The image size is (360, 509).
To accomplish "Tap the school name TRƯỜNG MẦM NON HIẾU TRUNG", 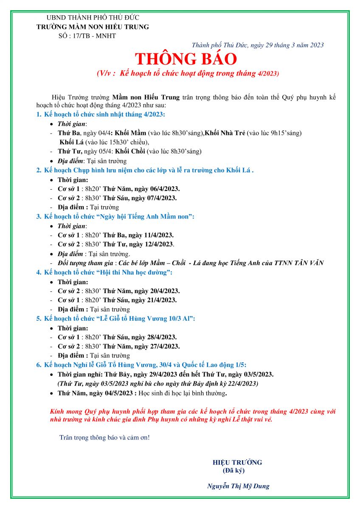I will point(93,27).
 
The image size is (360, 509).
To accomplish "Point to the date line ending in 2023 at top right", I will point(258,45).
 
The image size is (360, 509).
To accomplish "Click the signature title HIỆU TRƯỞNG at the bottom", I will point(237,462).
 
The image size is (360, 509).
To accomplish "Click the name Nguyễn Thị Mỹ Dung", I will point(238,487).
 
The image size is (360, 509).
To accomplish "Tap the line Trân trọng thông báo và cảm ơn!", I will point(104,437).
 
